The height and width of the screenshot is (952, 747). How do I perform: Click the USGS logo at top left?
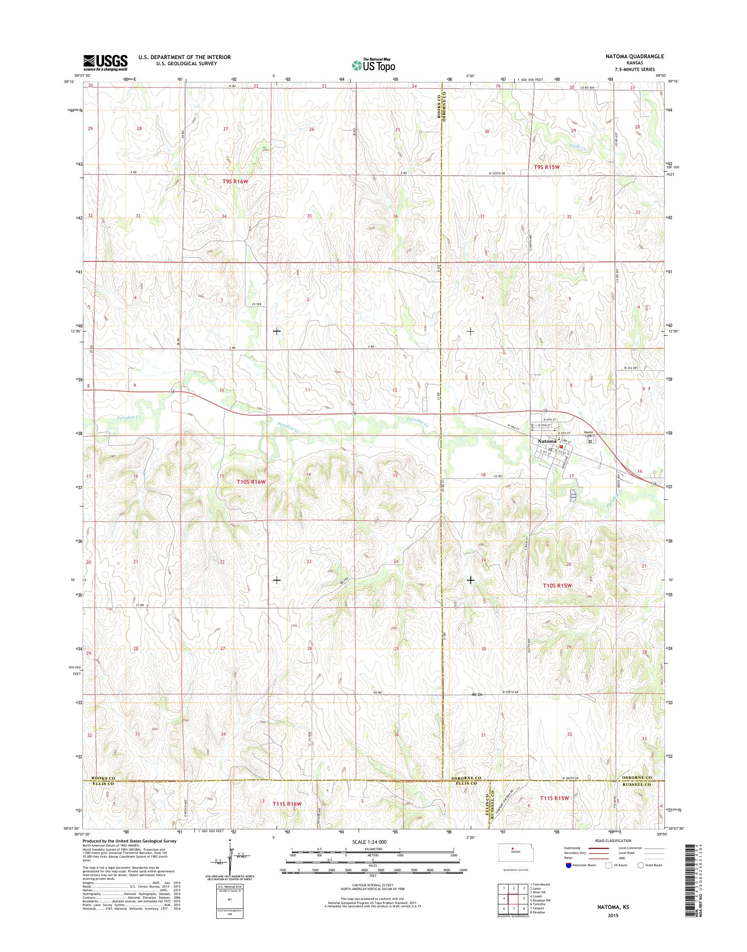pos(105,63)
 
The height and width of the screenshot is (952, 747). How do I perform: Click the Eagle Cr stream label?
pos(578,148)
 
